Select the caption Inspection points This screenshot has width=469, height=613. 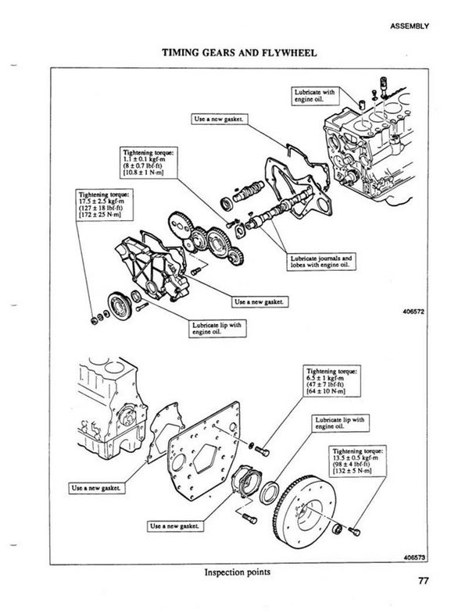click(236, 572)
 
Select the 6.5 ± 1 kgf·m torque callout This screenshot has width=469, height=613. click(337, 381)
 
